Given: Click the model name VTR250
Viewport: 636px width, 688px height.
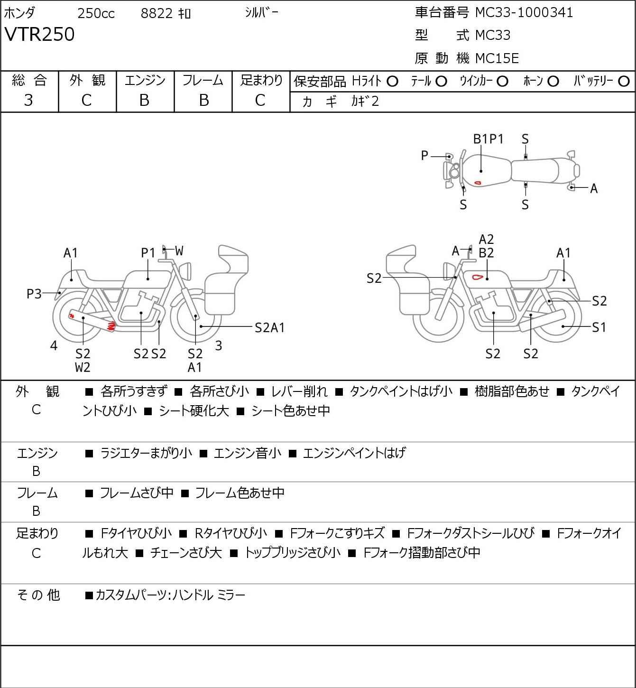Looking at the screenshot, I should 39,35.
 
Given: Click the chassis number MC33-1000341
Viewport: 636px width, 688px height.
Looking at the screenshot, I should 524,12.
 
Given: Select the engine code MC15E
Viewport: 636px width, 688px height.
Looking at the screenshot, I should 497,58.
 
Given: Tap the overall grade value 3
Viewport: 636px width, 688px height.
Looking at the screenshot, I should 28,100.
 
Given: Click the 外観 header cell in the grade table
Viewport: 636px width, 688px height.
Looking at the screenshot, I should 87,81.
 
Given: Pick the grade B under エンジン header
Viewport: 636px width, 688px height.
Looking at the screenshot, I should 145,100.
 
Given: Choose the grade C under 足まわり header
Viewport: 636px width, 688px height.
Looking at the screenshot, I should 260,100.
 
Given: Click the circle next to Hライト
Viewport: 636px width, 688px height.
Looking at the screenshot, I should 392,82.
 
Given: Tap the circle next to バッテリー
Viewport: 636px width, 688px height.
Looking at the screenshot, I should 624,82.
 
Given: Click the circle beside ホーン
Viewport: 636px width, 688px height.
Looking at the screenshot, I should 553,82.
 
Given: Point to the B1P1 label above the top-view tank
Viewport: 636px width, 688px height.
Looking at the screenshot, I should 488,139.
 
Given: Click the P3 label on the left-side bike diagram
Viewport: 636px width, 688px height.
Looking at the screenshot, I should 34,294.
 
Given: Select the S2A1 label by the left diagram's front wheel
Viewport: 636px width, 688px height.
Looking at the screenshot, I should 269,328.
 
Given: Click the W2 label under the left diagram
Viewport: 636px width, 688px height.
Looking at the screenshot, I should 83,367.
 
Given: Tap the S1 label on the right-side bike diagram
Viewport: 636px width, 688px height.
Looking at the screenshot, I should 599,327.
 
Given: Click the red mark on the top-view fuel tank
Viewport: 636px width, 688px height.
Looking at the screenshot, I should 478,183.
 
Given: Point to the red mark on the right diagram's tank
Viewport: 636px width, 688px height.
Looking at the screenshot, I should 478,277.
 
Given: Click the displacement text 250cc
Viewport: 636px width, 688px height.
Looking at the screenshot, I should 96,14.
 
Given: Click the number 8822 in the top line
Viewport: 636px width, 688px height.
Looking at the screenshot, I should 157,14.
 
